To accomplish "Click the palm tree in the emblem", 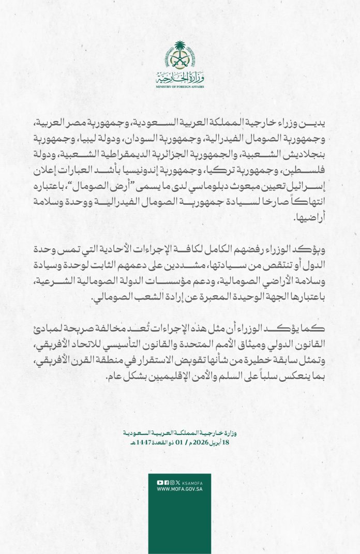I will tap(179, 49).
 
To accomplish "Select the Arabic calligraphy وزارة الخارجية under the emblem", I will tap(179, 79).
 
